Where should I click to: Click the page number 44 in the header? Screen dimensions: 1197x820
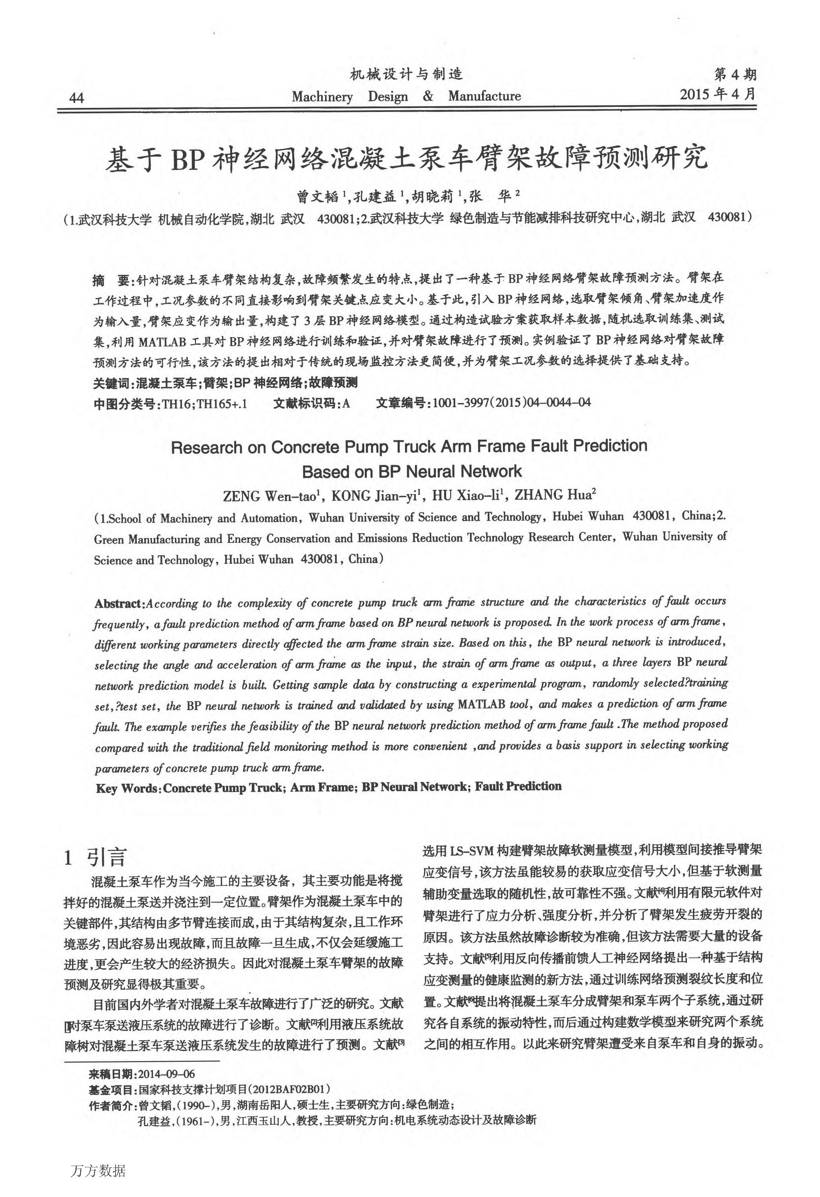click(76, 97)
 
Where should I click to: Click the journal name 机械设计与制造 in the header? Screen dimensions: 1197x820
click(406, 75)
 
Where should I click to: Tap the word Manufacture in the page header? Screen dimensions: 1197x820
click(484, 96)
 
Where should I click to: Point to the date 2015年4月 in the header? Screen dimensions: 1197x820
click(718, 94)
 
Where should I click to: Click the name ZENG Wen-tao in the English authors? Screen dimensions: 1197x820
click(271, 496)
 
